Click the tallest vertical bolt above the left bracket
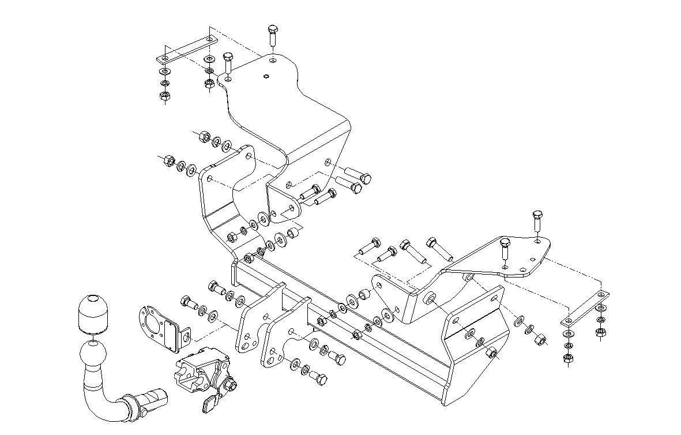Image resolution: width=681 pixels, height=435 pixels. [273, 38]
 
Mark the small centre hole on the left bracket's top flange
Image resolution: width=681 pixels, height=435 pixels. [265, 76]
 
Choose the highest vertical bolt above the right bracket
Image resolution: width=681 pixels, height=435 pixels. [537, 220]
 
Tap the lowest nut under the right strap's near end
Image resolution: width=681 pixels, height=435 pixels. [568, 358]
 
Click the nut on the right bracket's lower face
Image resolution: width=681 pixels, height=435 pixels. [491, 354]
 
